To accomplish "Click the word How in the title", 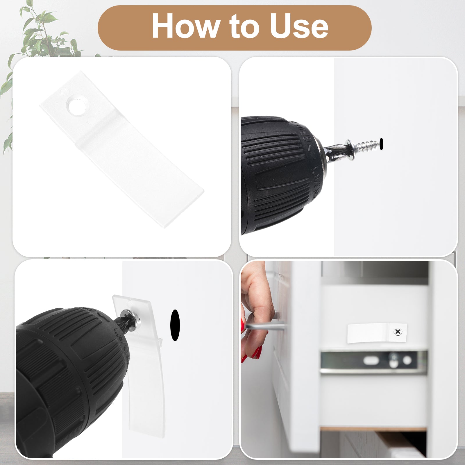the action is (x=185, y=26).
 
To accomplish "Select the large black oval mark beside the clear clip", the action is (x=175, y=325).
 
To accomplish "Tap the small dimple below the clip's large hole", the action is (x=91, y=119).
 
